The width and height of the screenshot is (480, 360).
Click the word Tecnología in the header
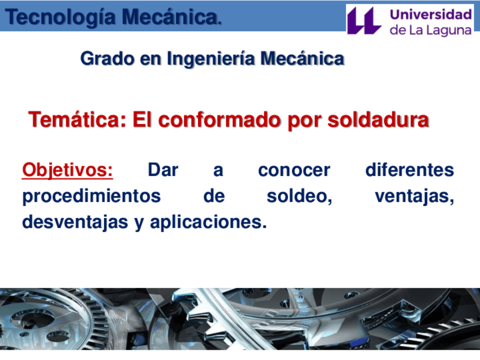(x=61, y=18)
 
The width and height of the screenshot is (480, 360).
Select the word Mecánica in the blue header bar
(x=171, y=16)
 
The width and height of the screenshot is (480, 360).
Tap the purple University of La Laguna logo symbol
(x=365, y=20)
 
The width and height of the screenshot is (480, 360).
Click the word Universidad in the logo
(x=431, y=14)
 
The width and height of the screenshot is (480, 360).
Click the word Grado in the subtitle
(x=107, y=58)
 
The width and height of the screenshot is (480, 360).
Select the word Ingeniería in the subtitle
(x=211, y=58)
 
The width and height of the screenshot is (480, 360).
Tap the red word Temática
(x=77, y=119)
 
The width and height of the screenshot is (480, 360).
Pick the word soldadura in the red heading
(x=378, y=119)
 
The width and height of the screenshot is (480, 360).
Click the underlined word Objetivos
(x=67, y=170)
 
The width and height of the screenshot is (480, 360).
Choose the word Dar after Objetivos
(x=163, y=170)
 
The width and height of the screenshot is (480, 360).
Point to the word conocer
(x=294, y=170)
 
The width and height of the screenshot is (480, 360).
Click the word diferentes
(x=410, y=170)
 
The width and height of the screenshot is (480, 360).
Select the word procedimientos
(x=92, y=196)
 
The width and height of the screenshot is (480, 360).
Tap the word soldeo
(x=299, y=196)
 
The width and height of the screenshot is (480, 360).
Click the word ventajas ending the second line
(x=414, y=196)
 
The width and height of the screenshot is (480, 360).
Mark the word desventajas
(x=75, y=222)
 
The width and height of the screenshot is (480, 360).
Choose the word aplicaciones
(x=208, y=222)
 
